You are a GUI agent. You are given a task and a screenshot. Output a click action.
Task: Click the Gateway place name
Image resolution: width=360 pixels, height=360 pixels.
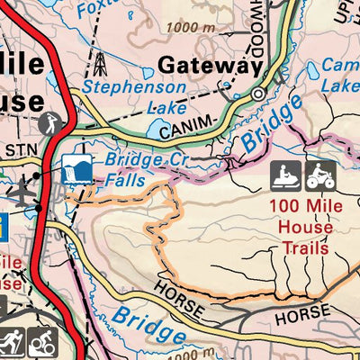pyautogui.click(x=209, y=65)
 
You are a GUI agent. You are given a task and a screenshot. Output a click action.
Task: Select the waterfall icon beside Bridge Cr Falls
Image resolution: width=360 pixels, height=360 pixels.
pyautogui.click(x=78, y=169)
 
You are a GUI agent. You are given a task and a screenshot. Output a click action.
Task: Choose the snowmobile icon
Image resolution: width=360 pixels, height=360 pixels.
pyautogui.click(x=285, y=175)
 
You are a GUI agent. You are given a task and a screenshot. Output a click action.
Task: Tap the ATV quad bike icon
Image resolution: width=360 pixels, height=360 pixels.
pyautogui.click(x=319, y=175)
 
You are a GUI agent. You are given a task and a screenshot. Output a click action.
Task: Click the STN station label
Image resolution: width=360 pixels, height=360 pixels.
pyautogui.click(x=18, y=148)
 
